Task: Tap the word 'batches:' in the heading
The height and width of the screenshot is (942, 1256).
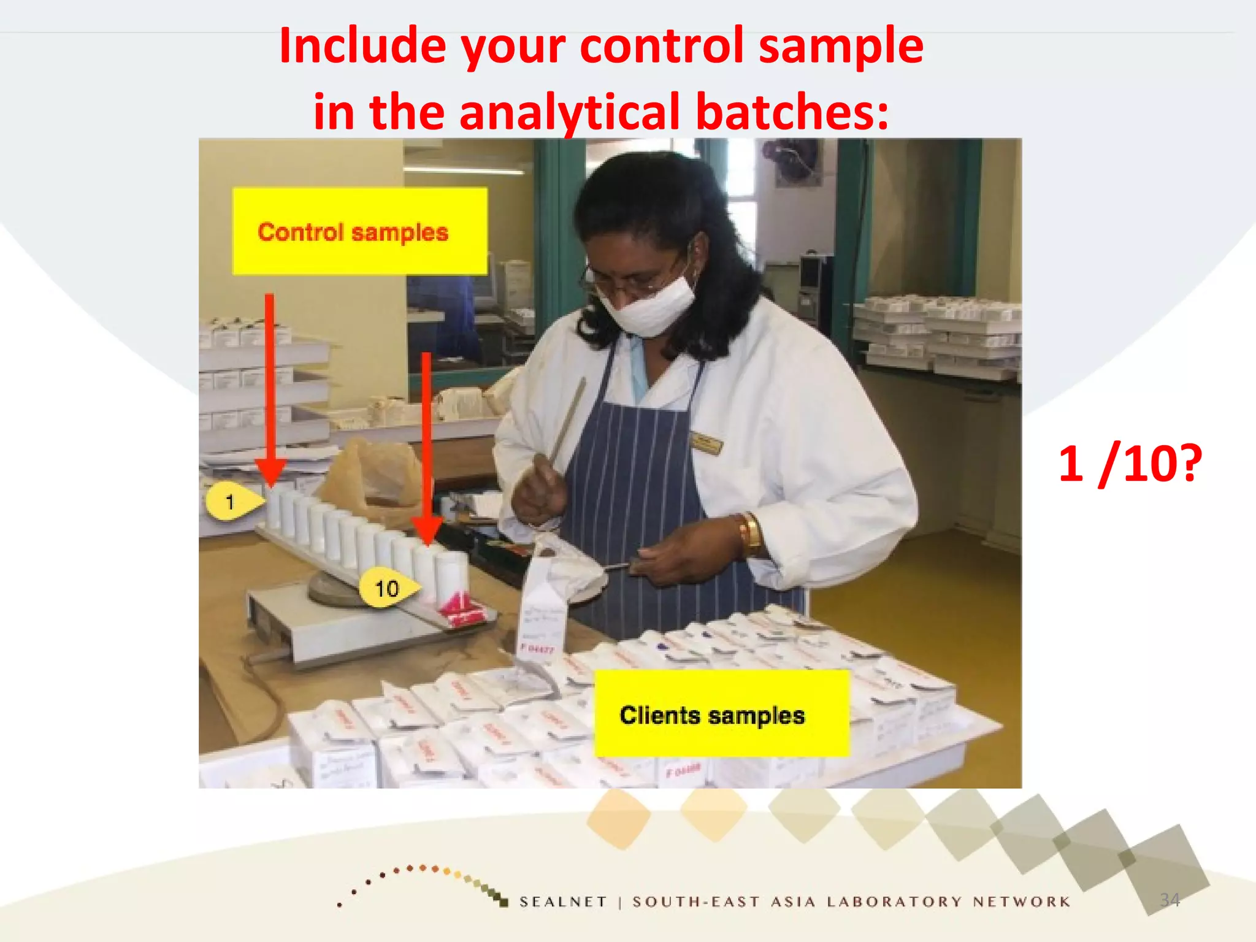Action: point(792,112)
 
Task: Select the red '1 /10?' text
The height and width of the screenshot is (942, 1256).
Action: point(1130,464)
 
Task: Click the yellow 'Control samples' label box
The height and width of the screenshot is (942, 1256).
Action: point(360,231)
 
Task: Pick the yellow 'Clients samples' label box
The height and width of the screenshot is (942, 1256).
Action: point(721,714)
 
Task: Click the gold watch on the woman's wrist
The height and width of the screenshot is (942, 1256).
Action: point(749,532)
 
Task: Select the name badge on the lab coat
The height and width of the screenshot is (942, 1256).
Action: point(706,443)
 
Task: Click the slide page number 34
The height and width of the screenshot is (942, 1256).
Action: point(1170,900)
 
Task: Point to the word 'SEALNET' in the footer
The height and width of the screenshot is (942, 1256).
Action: point(563,902)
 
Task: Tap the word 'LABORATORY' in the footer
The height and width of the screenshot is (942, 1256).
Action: point(895,902)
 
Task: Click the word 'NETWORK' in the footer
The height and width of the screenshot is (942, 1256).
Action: point(1022,902)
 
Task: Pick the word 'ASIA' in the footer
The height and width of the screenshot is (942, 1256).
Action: point(794,902)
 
